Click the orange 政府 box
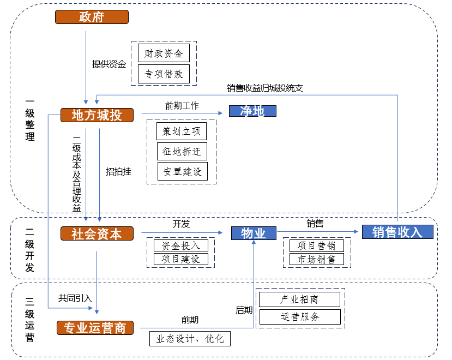(x=92, y=17)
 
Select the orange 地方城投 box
(x=97, y=115)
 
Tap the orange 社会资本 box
(x=97, y=233)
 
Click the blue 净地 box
(x=252, y=111)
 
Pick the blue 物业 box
(x=254, y=233)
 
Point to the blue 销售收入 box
(x=397, y=232)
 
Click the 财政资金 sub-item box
(x=164, y=53)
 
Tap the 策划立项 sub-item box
(x=182, y=131)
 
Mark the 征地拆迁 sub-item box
(x=182, y=151)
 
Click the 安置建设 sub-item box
(x=182, y=171)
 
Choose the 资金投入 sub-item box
(x=180, y=245)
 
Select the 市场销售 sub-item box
(x=316, y=259)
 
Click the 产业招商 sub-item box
(x=299, y=299)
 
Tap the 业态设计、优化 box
(x=190, y=339)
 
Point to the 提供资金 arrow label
(x=109, y=64)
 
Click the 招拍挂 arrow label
(x=118, y=171)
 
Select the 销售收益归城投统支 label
(x=264, y=88)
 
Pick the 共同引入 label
(x=75, y=298)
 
